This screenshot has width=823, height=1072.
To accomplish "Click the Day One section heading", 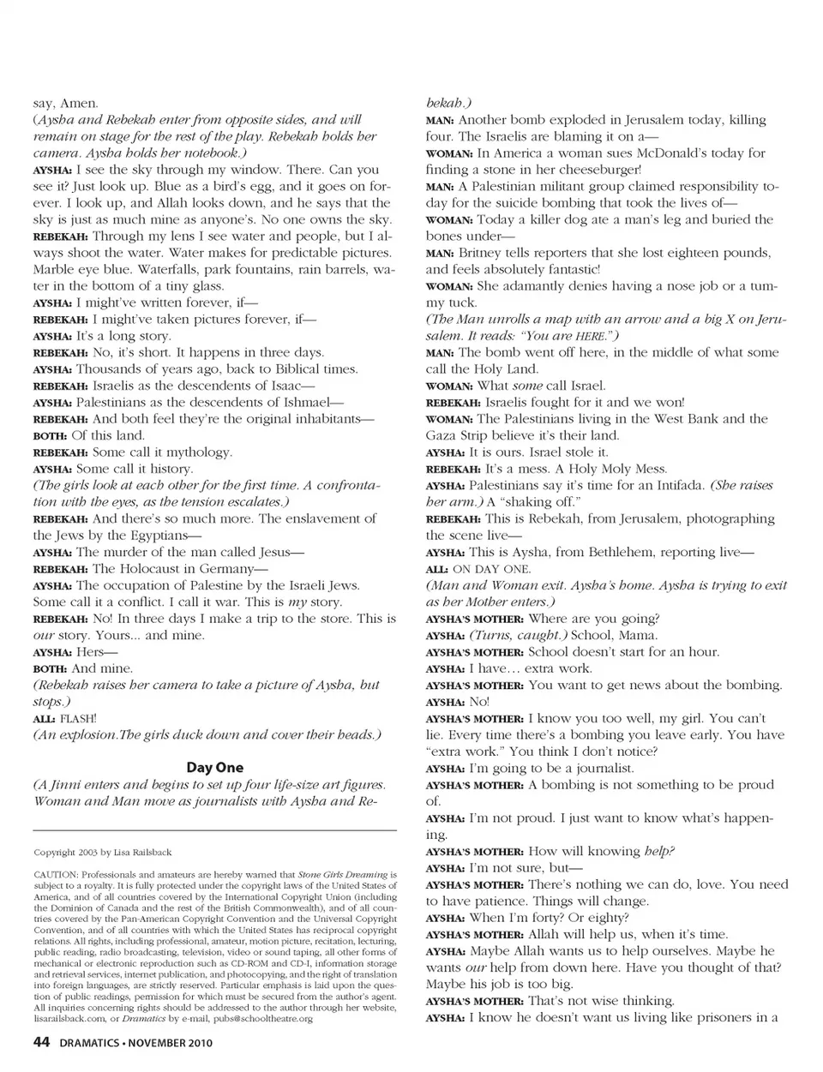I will pyautogui.click(x=214, y=768).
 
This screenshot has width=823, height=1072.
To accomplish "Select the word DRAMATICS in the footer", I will pyautogui.click(x=90, y=1044).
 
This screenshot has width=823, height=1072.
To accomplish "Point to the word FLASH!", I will pyautogui.click(x=78, y=718).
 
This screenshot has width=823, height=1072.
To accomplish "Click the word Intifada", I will pyautogui.click(x=669, y=486).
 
